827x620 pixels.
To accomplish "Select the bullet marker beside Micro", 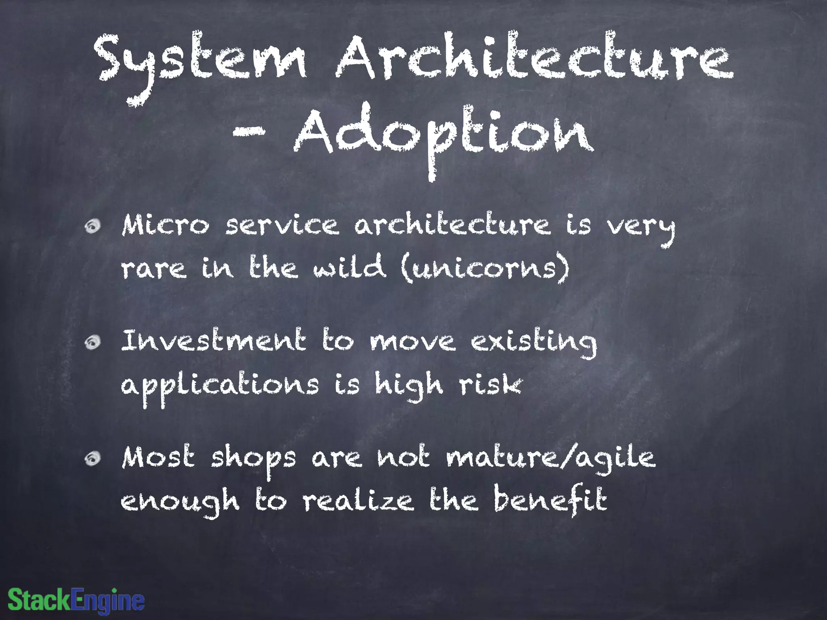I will pos(93,227).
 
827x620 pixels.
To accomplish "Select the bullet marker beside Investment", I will pos(93,343).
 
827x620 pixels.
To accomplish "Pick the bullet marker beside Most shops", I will pos(93,459).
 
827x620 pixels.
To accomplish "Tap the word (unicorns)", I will pos(485,267).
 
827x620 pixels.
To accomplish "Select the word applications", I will pos(220,385).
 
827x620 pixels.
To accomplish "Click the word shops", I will pos(253,459).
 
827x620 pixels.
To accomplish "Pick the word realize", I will pos(358,501).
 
